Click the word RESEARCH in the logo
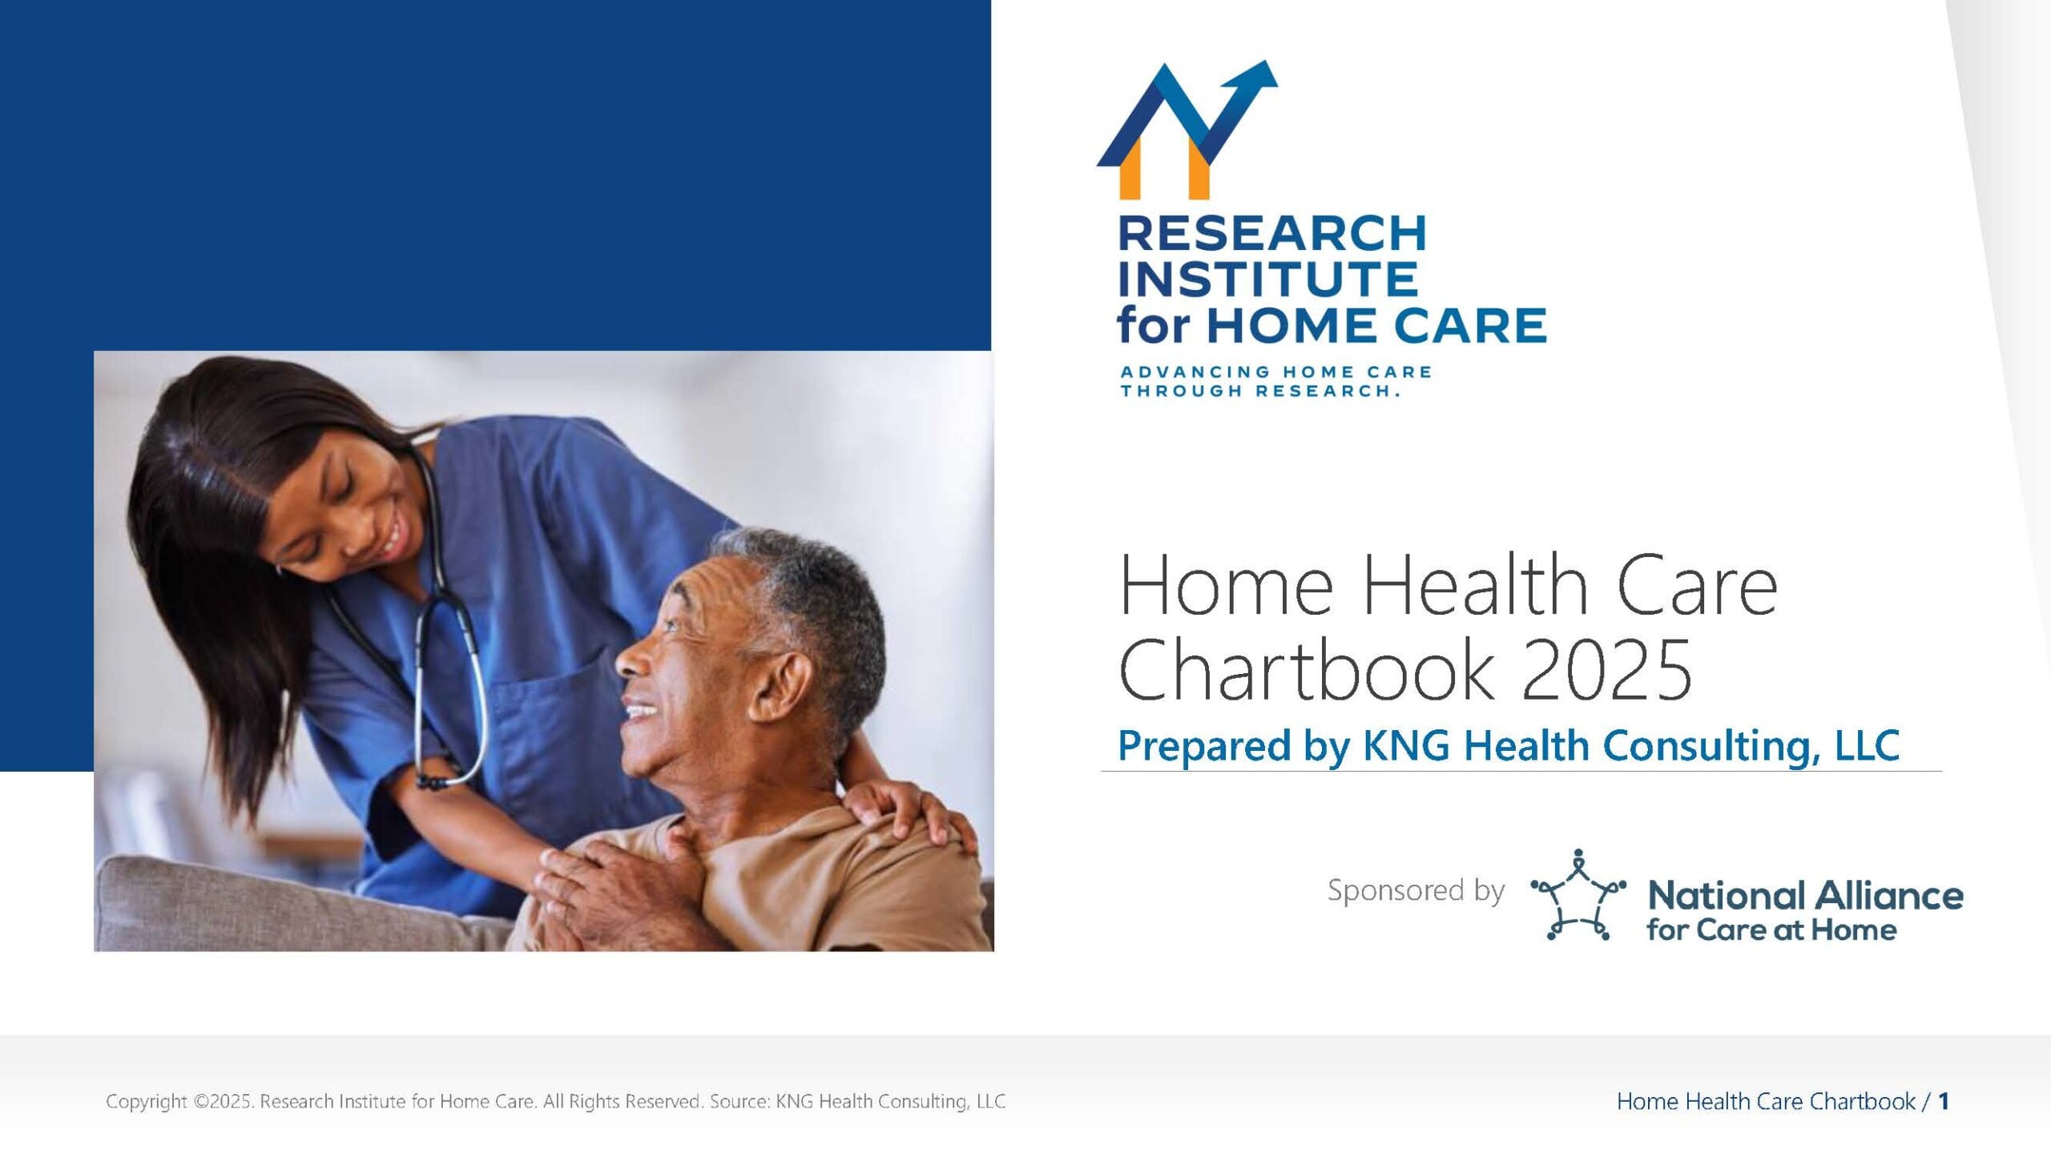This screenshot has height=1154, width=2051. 1271,233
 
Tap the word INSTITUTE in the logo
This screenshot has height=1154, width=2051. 1267,279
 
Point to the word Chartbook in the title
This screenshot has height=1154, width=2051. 1307,670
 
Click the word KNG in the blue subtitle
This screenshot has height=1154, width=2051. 1406,745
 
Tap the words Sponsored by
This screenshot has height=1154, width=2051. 1416,891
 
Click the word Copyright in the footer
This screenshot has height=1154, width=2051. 146,1102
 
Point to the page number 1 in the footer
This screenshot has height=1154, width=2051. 1944,1102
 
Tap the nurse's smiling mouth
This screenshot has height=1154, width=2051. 395,533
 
